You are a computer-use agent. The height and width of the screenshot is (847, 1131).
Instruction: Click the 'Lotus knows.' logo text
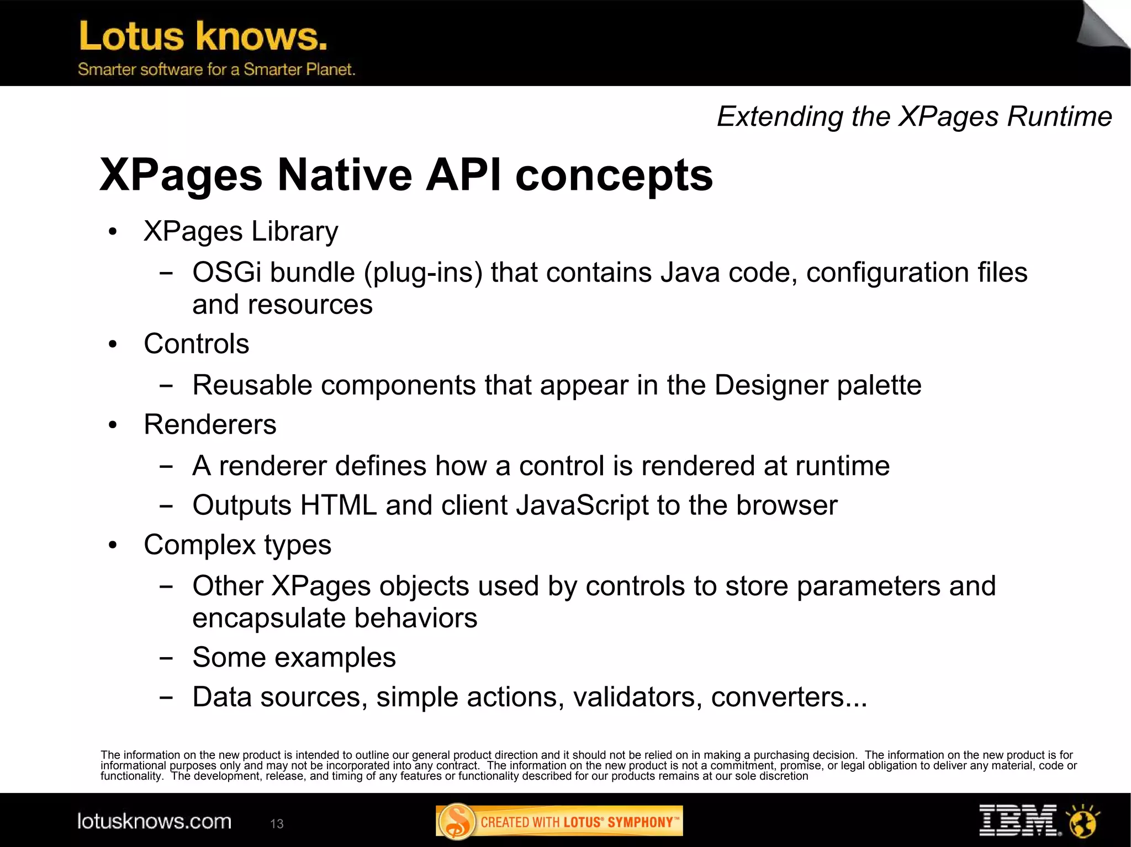[x=203, y=36]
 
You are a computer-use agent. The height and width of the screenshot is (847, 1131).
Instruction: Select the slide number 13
[x=277, y=824]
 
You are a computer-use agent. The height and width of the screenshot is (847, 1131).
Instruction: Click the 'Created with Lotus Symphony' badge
[x=559, y=822]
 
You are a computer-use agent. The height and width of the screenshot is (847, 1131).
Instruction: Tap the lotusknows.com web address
[x=154, y=822]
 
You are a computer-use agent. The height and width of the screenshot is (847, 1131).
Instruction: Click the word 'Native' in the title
[x=345, y=175]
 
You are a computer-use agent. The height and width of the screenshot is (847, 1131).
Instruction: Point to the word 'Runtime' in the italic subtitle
[x=1059, y=116]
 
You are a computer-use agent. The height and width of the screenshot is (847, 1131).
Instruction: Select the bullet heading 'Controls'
[x=196, y=344]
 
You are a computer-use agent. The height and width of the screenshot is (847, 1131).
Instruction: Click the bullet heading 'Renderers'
[x=210, y=424]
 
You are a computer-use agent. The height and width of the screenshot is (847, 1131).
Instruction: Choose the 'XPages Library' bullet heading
[x=241, y=231]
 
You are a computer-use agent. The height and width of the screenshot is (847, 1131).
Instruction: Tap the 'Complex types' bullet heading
[x=237, y=545]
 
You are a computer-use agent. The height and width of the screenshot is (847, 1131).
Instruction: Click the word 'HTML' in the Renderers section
[x=338, y=505]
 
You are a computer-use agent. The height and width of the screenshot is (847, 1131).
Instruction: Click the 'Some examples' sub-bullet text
[x=294, y=657]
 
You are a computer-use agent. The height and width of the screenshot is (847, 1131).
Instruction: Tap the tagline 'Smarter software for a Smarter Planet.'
[x=216, y=70]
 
